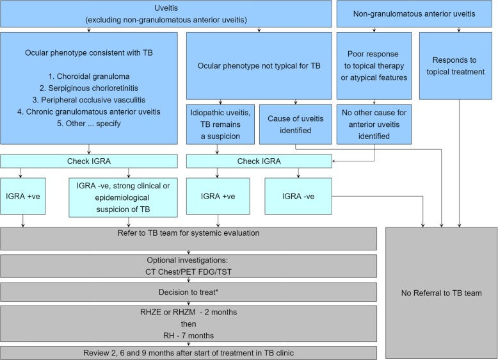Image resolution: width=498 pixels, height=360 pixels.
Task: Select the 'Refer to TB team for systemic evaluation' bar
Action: [193, 233]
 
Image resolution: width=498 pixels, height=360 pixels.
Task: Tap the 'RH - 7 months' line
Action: [193, 334]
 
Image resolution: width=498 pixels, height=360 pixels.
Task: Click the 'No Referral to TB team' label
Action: [442, 292]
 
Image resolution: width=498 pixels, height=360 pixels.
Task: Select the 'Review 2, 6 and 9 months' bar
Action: [193, 352]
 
